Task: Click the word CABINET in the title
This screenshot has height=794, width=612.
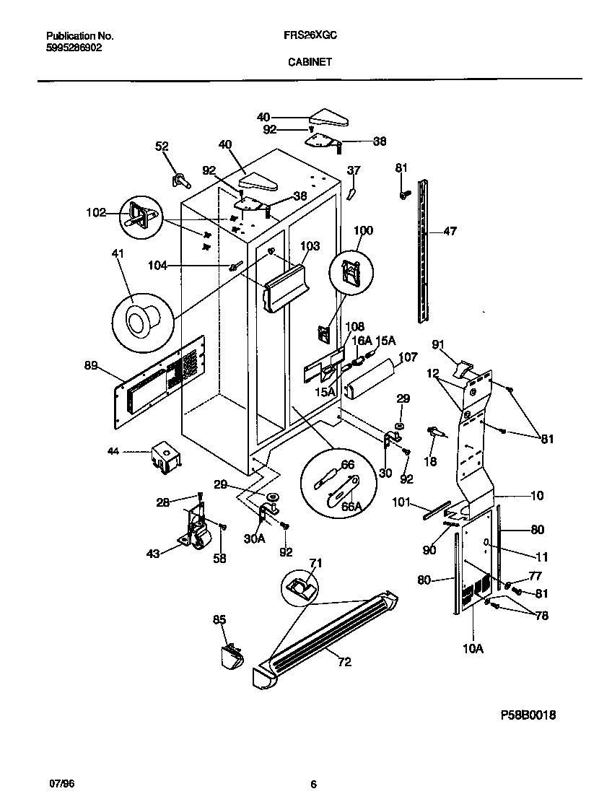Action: (x=310, y=62)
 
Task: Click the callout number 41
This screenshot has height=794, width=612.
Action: (x=118, y=253)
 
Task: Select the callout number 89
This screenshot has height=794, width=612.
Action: (x=91, y=366)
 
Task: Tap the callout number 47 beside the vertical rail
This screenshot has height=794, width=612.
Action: (x=450, y=232)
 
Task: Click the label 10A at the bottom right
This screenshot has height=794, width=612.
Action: (x=473, y=649)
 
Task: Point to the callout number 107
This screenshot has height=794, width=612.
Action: (x=408, y=356)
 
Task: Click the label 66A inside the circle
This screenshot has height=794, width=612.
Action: (x=352, y=507)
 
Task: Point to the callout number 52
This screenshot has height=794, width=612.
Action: (x=162, y=146)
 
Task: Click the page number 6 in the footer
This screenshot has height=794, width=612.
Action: (x=313, y=784)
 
